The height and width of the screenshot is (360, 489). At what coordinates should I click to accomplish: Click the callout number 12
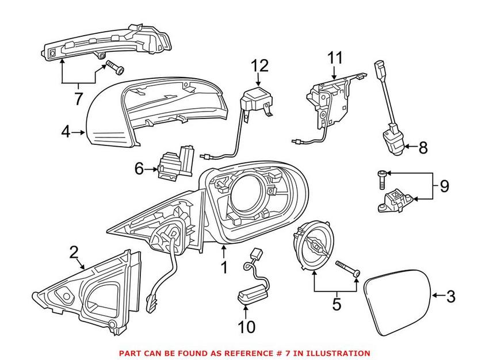(x=259, y=66)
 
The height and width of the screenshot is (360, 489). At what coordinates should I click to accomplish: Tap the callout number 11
(x=334, y=58)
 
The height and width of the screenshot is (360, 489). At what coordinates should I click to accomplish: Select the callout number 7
(x=78, y=98)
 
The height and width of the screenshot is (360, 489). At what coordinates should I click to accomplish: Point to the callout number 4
(x=66, y=133)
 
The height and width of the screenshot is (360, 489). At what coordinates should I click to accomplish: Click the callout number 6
(x=138, y=168)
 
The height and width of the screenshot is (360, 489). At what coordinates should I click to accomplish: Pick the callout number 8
(x=423, y=148)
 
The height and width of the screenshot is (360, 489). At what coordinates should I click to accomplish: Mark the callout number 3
(x=450, y=296)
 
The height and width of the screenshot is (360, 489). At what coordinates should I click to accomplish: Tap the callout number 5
(x=337, y=304)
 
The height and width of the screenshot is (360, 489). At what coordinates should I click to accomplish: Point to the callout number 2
(x=74, y=251)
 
